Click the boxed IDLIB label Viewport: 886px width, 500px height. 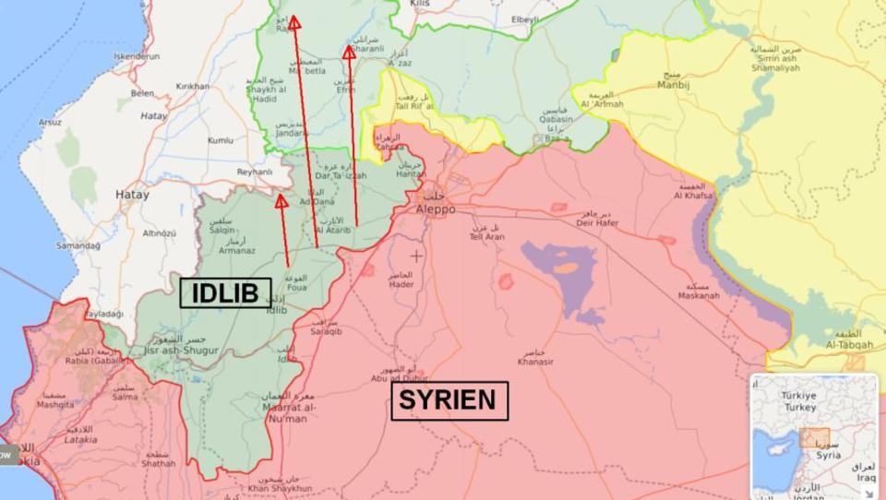[x=226, y=292]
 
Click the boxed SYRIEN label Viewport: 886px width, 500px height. [x=449, y=401]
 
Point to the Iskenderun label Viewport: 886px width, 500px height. [x=135, y=56]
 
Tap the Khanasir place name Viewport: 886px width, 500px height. [x=536, y=362]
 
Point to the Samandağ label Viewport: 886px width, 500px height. [x=78, y=245]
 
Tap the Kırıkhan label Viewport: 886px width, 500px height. [x=193, y=86]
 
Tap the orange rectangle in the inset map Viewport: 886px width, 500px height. [x=814, y=438]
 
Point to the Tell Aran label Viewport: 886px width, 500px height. [x=487, y=236]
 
